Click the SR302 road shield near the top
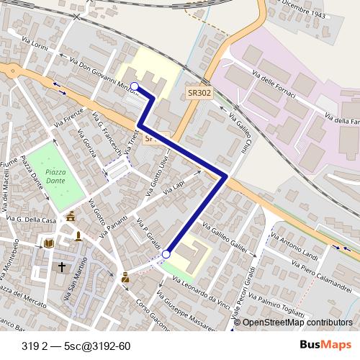[199, 93]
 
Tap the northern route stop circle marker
[135, 86]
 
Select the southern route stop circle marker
[166, 254]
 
